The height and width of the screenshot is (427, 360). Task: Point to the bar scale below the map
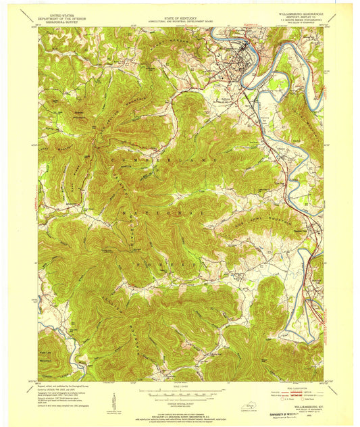click(x=179, y=391)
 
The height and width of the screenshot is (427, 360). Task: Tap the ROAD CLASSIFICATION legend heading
click(x=292, y=388)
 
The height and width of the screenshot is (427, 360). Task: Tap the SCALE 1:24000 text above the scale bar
click(x=179, y=386)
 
